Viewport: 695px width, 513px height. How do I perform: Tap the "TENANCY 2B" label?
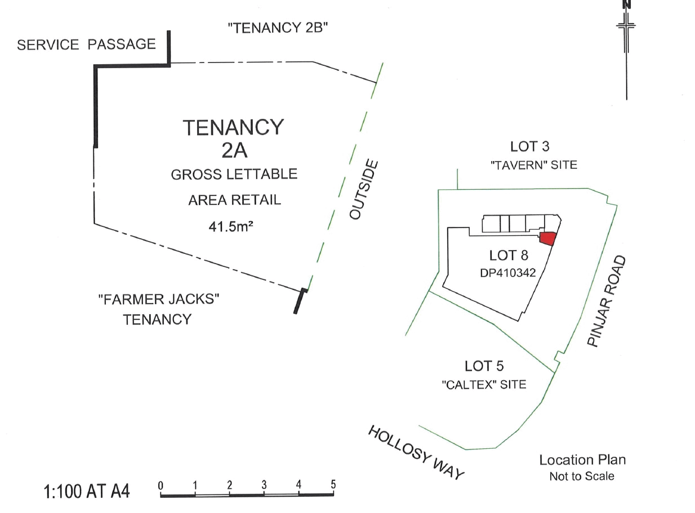[x=278, y=28]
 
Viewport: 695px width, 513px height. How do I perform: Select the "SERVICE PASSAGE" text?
[x=86, y=44]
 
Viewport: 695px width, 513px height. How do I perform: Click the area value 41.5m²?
[x=231, y=226]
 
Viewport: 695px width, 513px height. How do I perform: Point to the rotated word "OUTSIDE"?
[x=364, y=190]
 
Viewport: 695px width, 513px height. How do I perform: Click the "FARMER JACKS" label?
[x=159, y=299]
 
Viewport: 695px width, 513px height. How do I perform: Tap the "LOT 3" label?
[x=529, y=146]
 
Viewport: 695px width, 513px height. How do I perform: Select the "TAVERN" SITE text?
[x=533, y=165]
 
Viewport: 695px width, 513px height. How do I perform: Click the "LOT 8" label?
[x=509, y=256]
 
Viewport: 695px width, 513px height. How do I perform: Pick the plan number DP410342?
[x=507, y=273]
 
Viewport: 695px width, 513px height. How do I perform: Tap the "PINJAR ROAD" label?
[x=607, y=301]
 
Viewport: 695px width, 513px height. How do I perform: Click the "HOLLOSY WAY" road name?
[x=416, y=453]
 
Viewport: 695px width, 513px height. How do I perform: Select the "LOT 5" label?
[x=484, y=366]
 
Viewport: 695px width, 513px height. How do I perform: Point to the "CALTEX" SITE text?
[x=484, y=385]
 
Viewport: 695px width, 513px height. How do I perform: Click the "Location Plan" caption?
[x=582, y=460]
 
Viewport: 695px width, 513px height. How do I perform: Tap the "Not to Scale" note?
[x=582, y=476]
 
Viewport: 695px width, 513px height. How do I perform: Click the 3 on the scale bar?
[x=264, y=484]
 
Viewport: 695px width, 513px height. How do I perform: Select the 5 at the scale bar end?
[x=333, y=484]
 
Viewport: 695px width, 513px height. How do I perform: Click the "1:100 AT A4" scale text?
[x=87, y=491]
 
